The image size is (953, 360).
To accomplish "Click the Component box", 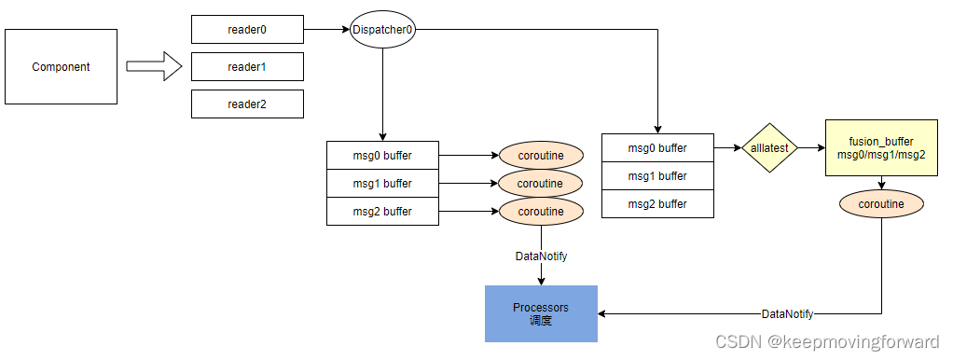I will click(62, 66).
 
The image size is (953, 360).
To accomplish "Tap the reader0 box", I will click(247, 30).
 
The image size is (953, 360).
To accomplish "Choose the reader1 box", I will click(247, 67).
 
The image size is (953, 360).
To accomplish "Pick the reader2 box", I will click(247, 104).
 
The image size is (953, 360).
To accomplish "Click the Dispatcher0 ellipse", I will click(382, 30).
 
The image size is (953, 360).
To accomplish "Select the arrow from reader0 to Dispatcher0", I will click(326, 30).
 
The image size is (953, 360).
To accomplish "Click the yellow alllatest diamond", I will click(770, 147).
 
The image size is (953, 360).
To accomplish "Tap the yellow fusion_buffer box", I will click(881, 147).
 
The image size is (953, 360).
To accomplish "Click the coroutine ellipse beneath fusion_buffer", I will click(881, 202).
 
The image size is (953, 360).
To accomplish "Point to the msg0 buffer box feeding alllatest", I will click(657, 147).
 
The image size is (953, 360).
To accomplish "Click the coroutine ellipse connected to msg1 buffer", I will click(541, 183).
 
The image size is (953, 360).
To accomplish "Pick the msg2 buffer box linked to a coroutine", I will click(382, 211).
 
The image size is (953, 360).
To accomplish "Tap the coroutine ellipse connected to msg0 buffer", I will click(541, 155).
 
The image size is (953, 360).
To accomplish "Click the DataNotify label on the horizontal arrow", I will click(787, 314).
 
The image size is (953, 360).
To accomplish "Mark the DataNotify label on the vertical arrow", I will click(541, 256).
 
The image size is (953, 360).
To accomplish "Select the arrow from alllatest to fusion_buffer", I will click(811, 147).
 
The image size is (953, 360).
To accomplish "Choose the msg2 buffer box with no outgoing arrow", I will click(657, 203).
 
